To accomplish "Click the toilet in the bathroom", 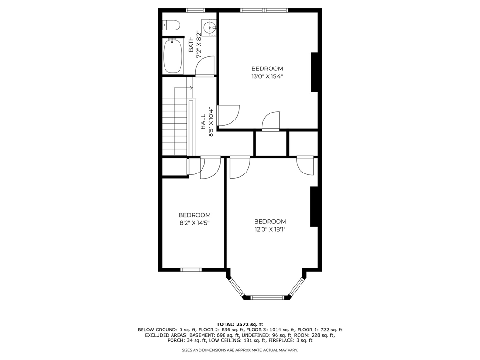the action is (171, 25).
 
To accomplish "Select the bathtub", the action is (172, 56).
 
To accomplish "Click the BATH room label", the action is (191, 45).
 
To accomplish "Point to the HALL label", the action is (203, 122).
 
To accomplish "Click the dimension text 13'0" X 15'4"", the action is (267, 76).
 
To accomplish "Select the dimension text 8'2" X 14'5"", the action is (195, 223).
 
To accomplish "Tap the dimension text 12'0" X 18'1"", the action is (270, 229).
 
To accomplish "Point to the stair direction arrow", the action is (183, 88).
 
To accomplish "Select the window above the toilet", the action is (195, 10).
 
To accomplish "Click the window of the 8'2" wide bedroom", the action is (190, 270).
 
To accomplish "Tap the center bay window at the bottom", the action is (267, 297).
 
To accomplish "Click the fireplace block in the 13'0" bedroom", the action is (315, 72).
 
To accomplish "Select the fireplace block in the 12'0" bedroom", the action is (314, 207).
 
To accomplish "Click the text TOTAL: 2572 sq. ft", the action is (240, 324).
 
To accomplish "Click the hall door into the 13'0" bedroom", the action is (228, 115).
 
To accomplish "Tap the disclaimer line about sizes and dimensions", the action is (240, 350).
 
